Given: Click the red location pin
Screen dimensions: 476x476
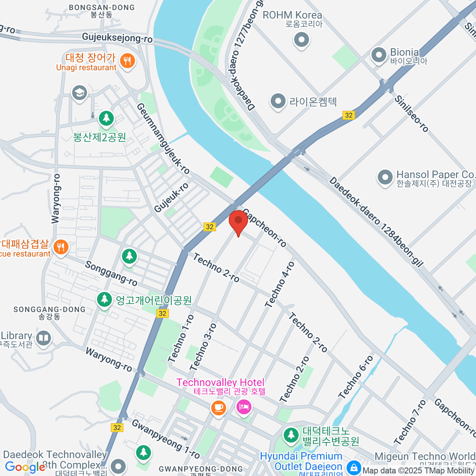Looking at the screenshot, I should (238, 221).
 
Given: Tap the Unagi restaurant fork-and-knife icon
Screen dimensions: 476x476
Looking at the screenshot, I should (127, 61).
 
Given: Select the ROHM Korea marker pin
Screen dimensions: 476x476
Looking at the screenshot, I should (301, 40).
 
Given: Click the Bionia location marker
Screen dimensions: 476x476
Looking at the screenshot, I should (378, 55).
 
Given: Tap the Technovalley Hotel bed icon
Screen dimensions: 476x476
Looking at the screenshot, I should (244, 407).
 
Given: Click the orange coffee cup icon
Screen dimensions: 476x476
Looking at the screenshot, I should (218, 407).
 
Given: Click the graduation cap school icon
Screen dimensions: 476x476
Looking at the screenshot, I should (79, 93).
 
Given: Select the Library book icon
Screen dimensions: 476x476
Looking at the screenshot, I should (43, 338).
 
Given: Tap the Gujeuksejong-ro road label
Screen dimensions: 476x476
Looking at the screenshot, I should (117, 38).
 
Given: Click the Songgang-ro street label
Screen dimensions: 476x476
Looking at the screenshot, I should (111, 273).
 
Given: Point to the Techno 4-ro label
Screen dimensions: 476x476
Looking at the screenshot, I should (280, 284).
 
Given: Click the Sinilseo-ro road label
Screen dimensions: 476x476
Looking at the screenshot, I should (411, 113).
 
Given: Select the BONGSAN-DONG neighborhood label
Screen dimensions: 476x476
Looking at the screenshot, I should (102, 8).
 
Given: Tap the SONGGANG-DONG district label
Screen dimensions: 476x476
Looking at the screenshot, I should (50, 309).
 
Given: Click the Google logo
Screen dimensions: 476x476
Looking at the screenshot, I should (25, 467).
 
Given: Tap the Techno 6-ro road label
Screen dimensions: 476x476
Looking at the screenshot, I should (356, 377).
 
